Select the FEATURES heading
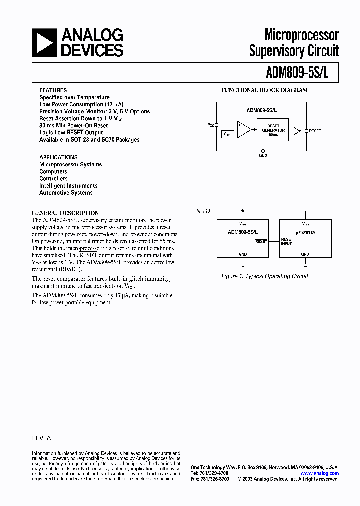coord(53,90)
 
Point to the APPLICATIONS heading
coord(58,157)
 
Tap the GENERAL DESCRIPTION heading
coord(65,213)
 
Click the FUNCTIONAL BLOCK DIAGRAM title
coord(264,90)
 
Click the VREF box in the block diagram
coord(227,134)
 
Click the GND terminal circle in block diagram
coord(263,150)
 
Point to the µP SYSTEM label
coord(305,232)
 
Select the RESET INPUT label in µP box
coord(287,241)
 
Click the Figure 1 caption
coord(264,276)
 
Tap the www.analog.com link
coord(320,473)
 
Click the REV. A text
coord(41,438)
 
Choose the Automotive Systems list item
coord(66,193)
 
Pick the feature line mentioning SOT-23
coord(89,140)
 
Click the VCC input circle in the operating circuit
coord(208,211)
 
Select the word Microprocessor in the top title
coord(301,35)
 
